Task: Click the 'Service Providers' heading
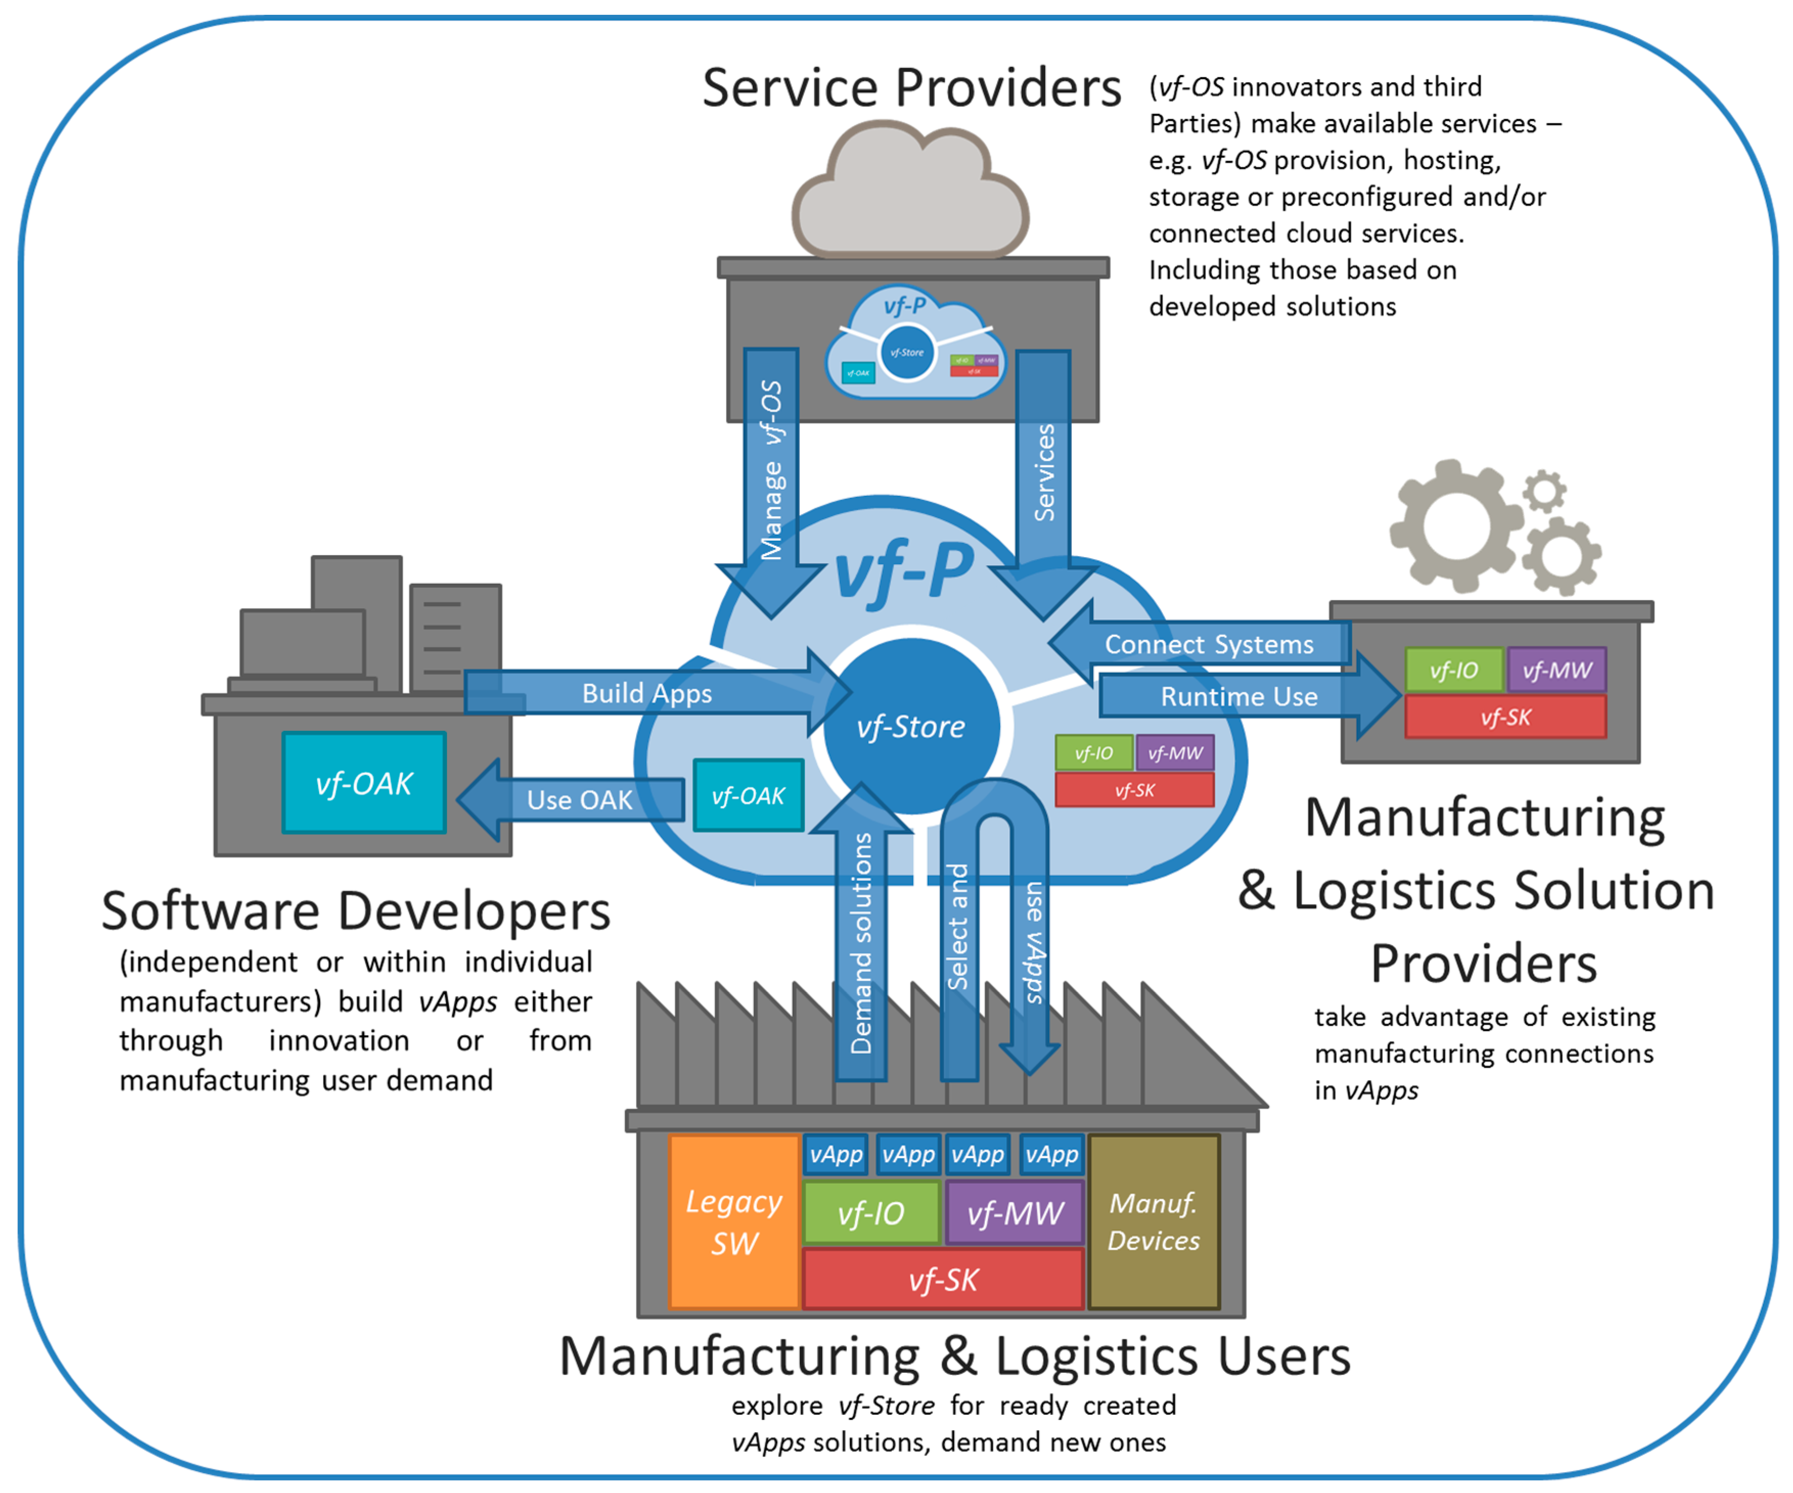point(910,88)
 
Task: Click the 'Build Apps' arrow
point(647,693)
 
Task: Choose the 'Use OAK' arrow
point(579,800)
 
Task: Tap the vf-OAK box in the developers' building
point(364,783)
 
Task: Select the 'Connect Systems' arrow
point(1208,644)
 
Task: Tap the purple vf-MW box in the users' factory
point(1015,1212)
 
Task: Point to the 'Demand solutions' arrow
point(862,939)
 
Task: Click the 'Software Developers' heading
point(356,911)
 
